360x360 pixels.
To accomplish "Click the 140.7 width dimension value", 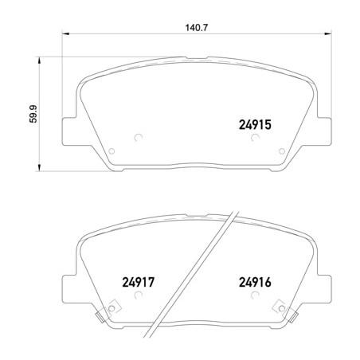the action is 197,28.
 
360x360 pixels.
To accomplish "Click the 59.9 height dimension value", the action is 33,114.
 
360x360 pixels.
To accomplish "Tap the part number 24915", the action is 255,125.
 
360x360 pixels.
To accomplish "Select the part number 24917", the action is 138,282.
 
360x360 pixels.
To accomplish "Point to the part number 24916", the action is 255,282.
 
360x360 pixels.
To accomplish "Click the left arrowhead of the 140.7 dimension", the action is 65,33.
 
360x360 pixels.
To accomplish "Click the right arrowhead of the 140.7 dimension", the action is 328,33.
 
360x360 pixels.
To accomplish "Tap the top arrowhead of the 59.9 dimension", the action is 40,61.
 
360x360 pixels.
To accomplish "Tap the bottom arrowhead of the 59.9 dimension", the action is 40,167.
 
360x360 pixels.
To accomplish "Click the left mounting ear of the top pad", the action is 69,131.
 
